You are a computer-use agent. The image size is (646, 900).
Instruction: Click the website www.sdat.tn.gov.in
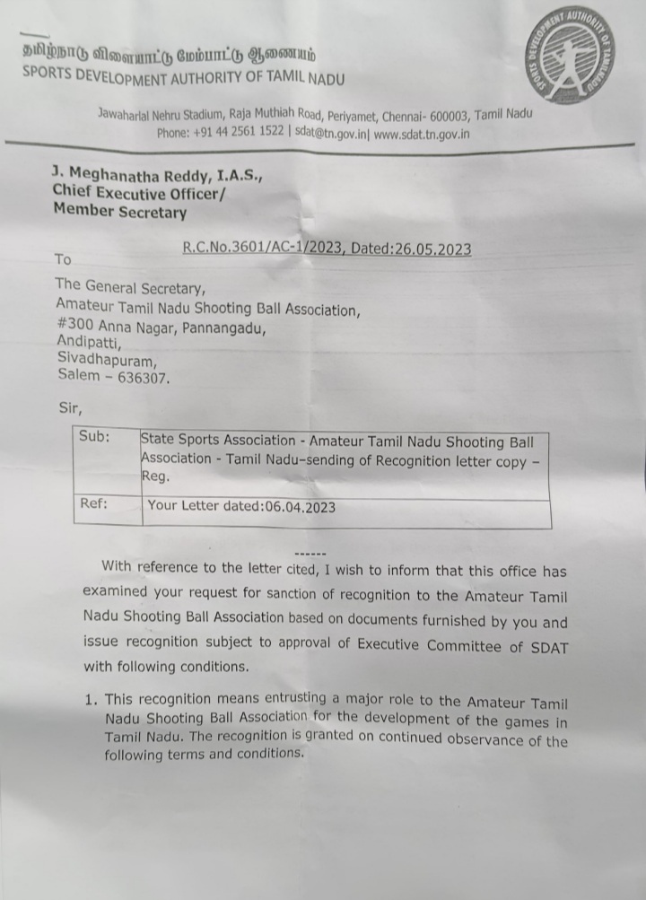tap(421, 135)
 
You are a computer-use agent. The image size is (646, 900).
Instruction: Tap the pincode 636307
tap(140, 378)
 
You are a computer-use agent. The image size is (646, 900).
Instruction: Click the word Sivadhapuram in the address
tap(107, 361)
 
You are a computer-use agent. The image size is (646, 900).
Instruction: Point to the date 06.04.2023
tap(300, 507)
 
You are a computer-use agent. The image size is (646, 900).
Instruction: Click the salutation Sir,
tap(70, 407)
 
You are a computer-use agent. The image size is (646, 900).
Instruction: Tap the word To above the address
tap(63, 259)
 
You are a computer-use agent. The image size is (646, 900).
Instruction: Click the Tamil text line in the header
tap(170, 55)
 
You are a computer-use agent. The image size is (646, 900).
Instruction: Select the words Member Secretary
tap(120, 212)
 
